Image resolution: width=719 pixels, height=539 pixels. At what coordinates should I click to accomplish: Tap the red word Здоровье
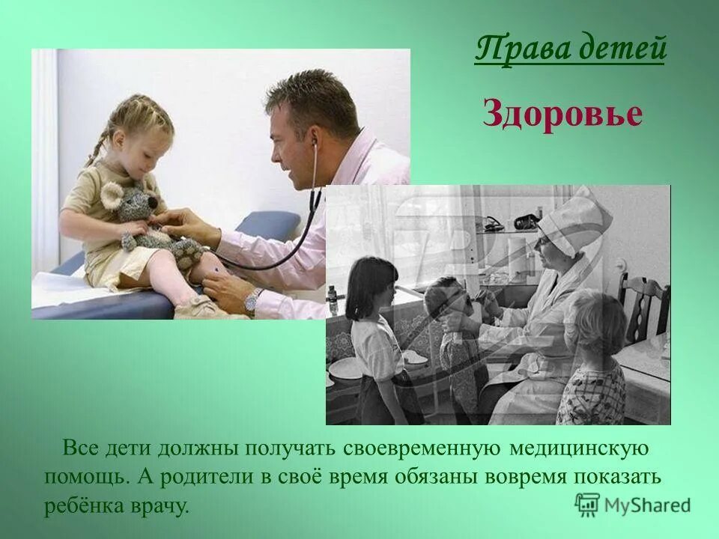[562, 115]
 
